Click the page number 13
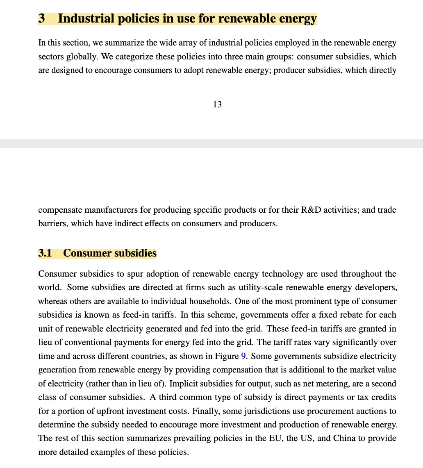[217, 105]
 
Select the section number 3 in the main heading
[41, 19]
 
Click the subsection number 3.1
[45, 253]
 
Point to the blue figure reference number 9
[243, 356]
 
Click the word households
[210, 301]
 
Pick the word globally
[81, 57]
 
